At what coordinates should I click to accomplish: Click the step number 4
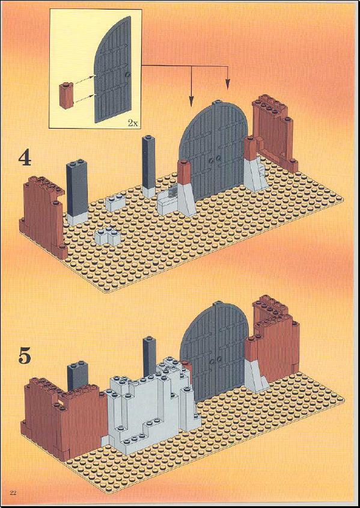24,159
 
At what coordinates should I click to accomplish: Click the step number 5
24,356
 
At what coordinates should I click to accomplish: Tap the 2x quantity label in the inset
133,123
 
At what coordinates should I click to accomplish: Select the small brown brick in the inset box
66,96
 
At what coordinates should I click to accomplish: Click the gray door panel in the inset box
112,70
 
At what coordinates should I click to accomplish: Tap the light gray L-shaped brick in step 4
108,236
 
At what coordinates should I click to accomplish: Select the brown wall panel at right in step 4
275,133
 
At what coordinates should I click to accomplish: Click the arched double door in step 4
214,151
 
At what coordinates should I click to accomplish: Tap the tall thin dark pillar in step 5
150,357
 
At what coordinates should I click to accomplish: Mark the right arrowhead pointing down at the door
228,84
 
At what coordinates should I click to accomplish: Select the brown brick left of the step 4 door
185,173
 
